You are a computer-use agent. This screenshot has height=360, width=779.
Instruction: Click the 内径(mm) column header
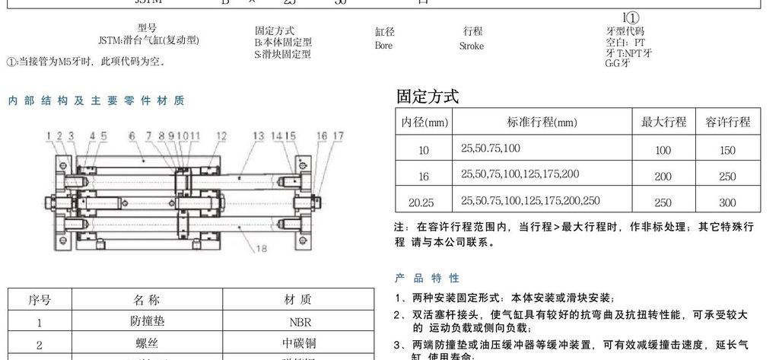(424, 122)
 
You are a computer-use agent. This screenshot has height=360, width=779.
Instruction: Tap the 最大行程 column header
(663, 122)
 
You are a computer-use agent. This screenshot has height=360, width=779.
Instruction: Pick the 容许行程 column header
(727, 122)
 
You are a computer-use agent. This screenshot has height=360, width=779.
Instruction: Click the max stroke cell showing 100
(663, 151)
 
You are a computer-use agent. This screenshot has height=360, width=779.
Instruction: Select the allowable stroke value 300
(727, 202)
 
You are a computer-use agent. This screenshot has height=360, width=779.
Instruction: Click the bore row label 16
(424, 177)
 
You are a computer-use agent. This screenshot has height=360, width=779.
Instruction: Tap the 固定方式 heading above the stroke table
(428, 97)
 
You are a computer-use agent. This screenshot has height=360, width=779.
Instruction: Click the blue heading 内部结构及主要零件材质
(96, 100)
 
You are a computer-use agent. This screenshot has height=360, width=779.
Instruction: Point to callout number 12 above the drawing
(221, 136)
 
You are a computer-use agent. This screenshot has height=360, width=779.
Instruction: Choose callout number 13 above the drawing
(259, 136)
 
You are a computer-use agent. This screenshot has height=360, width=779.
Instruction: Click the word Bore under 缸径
(383, 46)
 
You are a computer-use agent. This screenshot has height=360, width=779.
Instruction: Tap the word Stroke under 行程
(471, 46)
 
